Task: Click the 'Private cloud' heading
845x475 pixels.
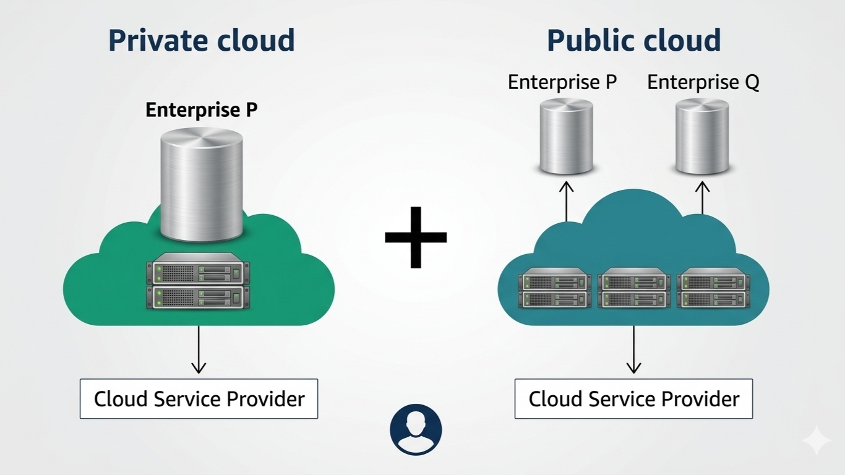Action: click(201, 41)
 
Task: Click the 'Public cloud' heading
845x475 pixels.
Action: click(633, 41)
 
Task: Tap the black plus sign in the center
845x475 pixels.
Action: click(416, 237)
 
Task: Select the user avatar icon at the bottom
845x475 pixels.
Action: click(416, 430)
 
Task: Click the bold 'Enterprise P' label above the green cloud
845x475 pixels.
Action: click(201, 110)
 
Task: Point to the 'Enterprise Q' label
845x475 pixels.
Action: click(703, 82)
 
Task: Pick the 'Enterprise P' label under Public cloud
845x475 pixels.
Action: click(562, 82)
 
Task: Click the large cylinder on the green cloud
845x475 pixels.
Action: click(201, 184)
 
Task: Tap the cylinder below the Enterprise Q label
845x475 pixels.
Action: click(701, 136)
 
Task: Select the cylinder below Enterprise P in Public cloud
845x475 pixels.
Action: click(566, 136)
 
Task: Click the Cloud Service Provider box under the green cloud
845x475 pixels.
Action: click(199, 399)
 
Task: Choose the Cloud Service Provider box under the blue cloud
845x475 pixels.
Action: click(633, 399)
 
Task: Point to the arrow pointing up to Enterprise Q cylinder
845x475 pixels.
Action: click(701, 197)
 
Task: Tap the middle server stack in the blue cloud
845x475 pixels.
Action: click(634, 288)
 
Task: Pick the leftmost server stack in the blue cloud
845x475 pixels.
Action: click(554, 288)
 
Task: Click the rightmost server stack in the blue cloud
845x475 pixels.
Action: click(713, 288)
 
